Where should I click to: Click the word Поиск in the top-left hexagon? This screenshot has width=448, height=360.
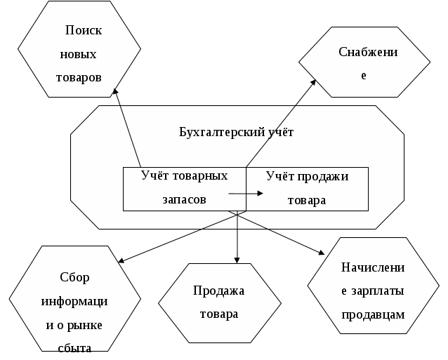[83, 31]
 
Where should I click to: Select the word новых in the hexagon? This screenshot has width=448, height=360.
[79, 54]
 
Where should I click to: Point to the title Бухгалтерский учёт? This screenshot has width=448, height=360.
[237, 132]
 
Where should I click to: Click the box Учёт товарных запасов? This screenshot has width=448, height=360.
[184, 188]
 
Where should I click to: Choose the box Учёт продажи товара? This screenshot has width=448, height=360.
[307, 188]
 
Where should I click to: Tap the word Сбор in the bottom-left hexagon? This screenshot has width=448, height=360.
[74, 277]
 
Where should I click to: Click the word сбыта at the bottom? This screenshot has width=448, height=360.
[74, 345]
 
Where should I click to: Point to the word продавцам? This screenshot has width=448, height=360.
[373, 314]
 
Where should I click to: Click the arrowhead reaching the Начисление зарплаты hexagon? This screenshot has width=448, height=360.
[324, 253]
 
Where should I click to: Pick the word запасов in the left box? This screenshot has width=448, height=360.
[184, 199]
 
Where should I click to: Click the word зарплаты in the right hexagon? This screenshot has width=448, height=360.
[382, 291]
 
